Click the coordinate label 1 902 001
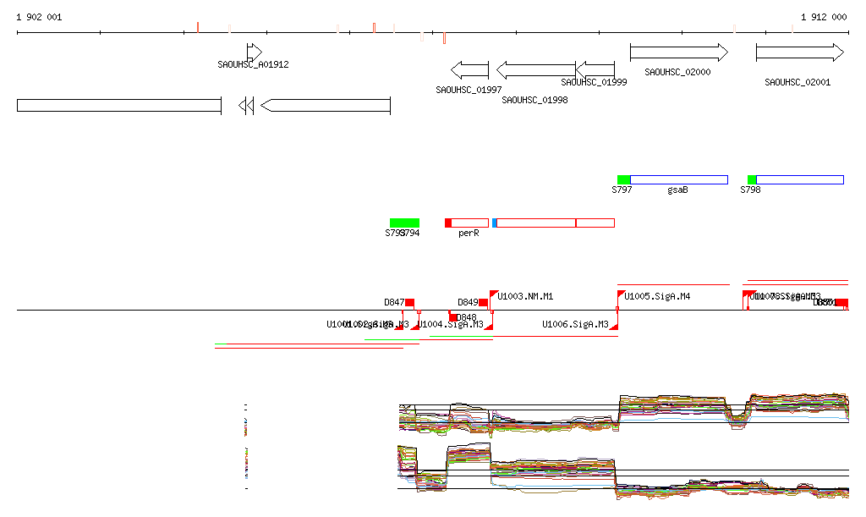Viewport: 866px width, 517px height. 39,17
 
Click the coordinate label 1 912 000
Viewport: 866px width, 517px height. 824,17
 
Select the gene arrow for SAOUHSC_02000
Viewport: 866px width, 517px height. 678,52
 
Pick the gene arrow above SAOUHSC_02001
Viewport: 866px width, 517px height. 799,52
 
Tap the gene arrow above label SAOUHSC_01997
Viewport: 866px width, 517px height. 469,70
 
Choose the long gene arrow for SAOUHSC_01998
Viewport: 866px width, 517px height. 535,70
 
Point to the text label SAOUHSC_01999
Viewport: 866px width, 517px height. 594,82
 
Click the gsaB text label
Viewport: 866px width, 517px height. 677,190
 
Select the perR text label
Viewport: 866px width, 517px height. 469,233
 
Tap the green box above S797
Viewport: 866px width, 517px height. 623,179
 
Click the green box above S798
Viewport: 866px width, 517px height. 751,179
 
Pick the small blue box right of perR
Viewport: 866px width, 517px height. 495,223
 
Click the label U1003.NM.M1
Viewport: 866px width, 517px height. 525,296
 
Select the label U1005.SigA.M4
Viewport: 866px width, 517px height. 657,296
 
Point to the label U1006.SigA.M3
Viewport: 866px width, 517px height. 575,324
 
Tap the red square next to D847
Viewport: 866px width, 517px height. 410,302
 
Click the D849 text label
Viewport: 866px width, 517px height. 468,302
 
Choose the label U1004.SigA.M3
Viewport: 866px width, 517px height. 450,324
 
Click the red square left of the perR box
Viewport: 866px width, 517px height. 448,223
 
